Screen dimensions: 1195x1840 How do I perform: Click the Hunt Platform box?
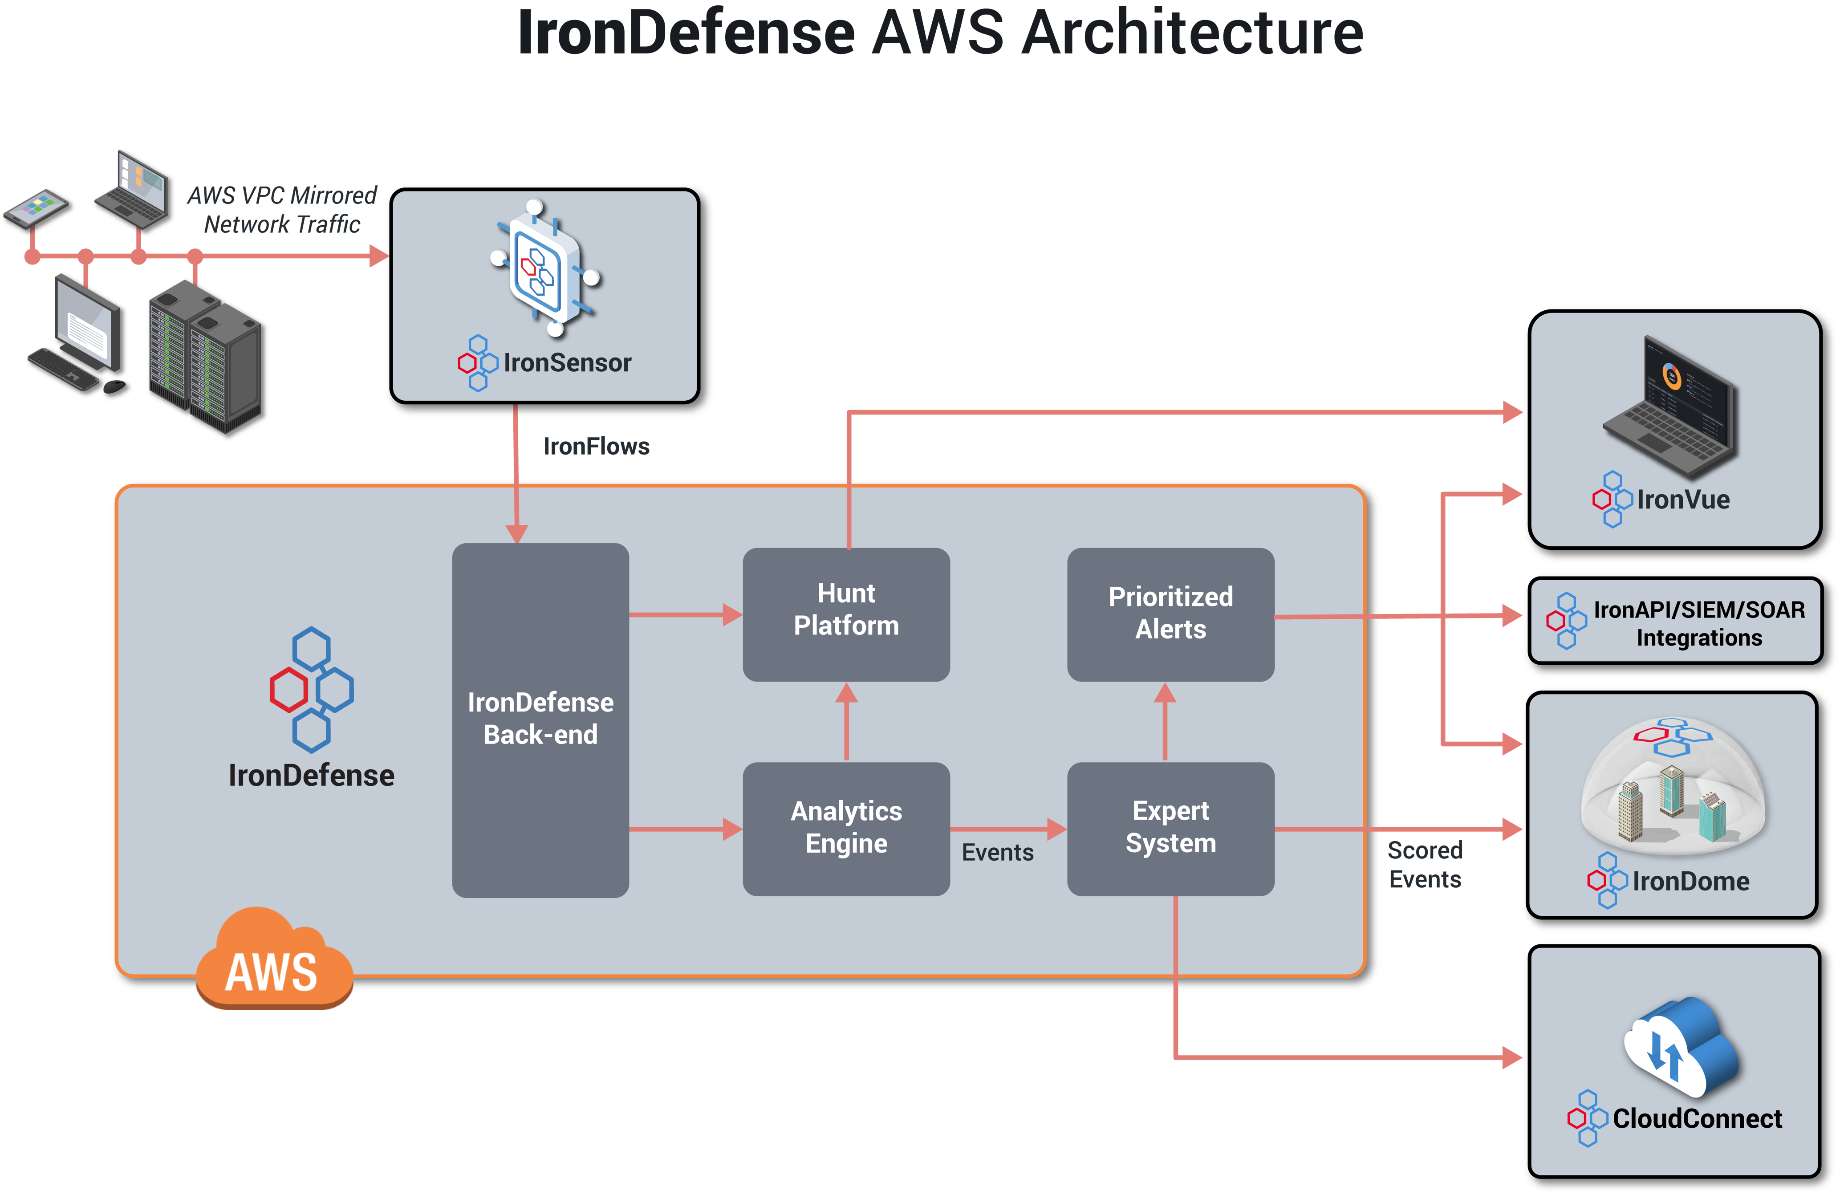point(846,614)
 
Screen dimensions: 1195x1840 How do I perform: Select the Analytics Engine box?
point(846,829)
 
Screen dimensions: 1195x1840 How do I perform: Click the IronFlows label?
point(596,447)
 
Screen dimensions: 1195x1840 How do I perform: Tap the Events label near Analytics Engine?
point(997,853)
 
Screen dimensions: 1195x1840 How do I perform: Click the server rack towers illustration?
point(207,359)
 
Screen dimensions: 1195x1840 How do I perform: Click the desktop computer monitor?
point(87,325)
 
